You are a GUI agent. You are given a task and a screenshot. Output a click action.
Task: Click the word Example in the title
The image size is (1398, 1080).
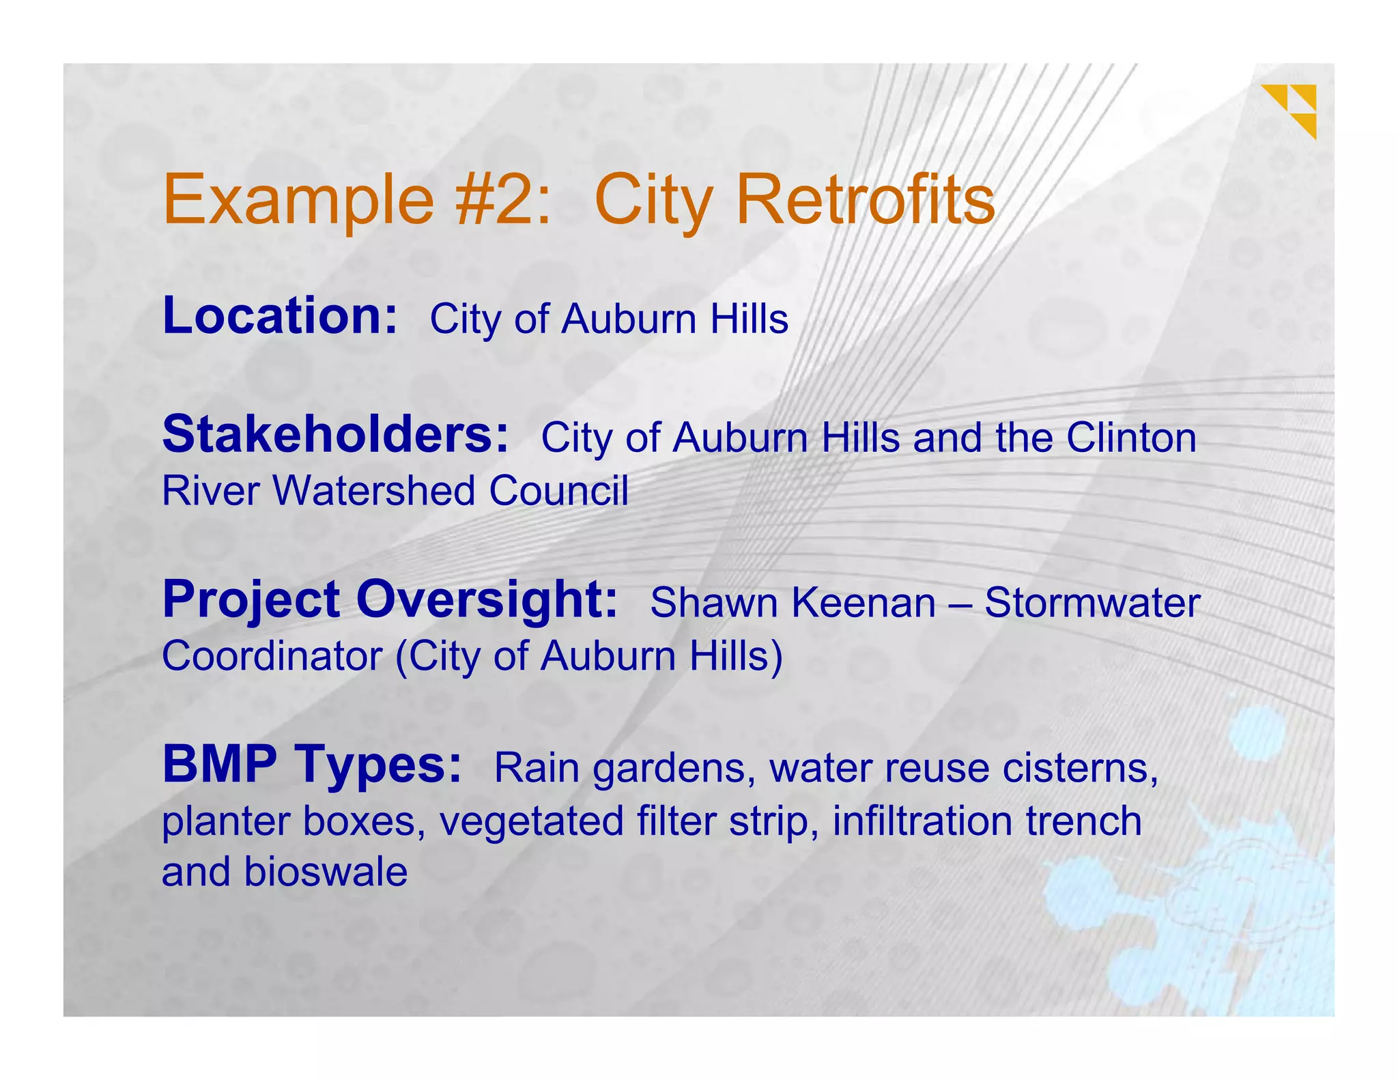pos(298,201)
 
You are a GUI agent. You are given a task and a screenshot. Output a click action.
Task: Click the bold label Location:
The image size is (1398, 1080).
pos(280,316)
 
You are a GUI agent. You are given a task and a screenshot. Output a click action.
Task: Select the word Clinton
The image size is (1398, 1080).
pos(1131,438)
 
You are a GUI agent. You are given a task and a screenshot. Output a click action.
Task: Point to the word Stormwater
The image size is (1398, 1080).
pos(1092,603)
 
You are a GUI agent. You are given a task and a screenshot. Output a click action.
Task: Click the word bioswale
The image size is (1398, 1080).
pos(326,872)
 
